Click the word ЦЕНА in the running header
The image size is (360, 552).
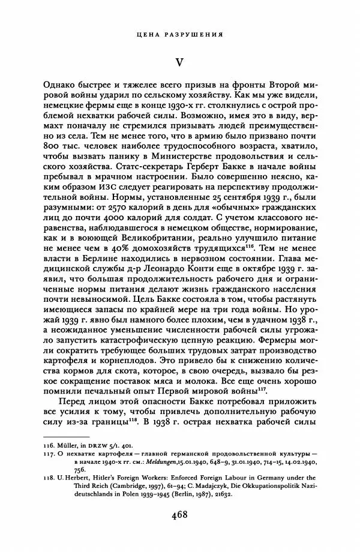[147, 34]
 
